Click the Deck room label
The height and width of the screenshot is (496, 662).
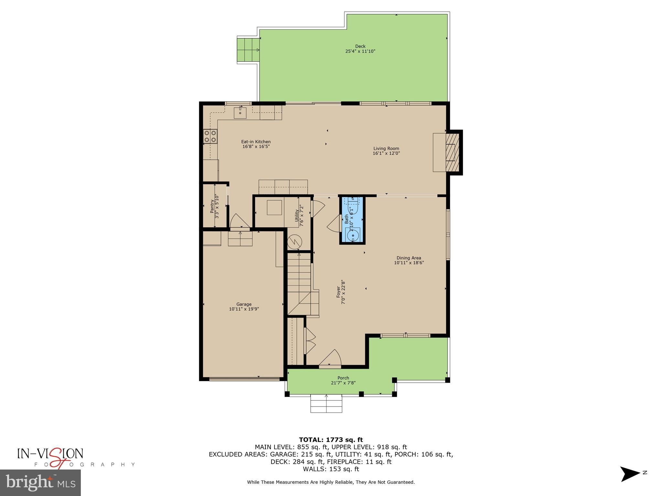360,46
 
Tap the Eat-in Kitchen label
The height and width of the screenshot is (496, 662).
256,141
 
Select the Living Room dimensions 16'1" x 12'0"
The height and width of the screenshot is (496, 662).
386,153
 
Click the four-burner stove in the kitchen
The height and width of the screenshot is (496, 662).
210,136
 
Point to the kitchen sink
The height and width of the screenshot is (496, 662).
240,113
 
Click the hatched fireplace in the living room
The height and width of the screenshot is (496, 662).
452,152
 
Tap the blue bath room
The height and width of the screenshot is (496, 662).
352,220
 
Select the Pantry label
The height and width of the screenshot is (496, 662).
212,206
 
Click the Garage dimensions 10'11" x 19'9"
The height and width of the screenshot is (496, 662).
244,309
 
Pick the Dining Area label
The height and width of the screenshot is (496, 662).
409,258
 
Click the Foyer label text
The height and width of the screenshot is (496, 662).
338,292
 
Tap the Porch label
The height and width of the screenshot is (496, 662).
343,378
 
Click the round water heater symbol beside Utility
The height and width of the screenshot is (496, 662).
294,242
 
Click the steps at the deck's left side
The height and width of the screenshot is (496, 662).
248,50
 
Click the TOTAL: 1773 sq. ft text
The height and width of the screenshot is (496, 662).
331,439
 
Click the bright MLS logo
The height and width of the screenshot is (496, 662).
40,482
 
